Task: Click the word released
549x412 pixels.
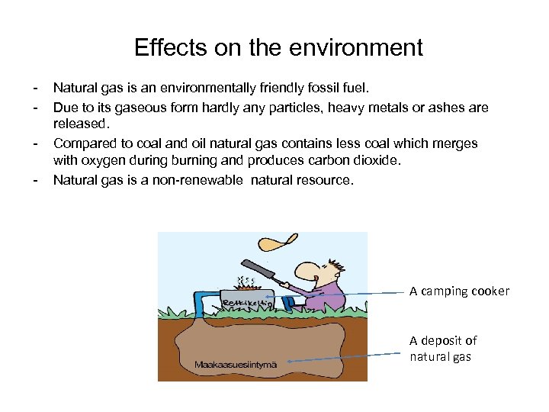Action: click(x=82, y=123)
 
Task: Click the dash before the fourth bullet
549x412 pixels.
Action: click(x=35, y=181)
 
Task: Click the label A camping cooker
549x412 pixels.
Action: click(x=459, y=291)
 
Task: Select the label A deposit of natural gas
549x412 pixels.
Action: click(x=443, y=349)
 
